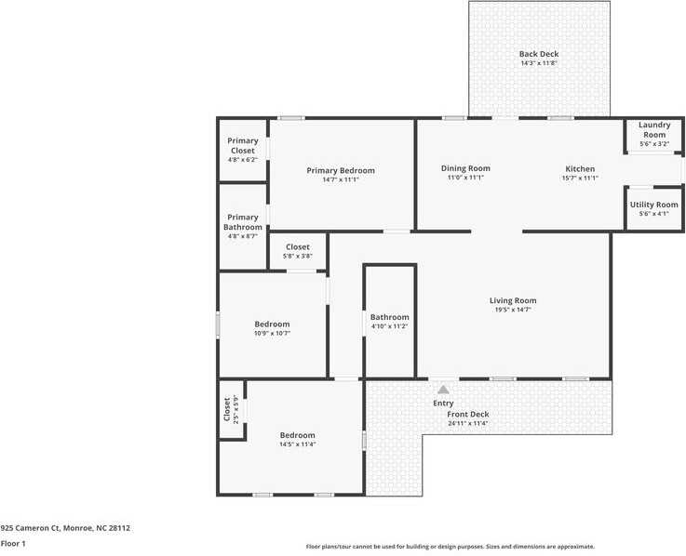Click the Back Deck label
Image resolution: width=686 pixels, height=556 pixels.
pos(539,54)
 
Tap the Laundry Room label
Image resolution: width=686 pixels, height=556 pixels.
pos(654,129)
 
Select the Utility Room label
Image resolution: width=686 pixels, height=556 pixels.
pos(654,205)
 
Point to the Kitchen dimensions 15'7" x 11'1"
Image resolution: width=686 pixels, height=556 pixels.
pos(580,179)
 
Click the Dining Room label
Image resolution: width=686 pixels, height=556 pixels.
pos(465,168)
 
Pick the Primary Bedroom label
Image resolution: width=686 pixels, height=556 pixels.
pos(341,170)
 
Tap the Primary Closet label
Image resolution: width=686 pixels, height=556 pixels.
pos(243,145)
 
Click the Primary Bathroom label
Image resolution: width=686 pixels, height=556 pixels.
pos(243,222)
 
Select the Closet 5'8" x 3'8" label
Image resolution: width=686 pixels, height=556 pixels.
pos(298,247)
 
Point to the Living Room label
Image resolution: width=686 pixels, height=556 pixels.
pos(513,300)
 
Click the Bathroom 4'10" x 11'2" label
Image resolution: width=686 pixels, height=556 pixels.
pos(390,317)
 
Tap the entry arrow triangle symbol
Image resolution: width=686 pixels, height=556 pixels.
pos(444,391)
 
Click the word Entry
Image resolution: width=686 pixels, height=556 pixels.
pos(444,404)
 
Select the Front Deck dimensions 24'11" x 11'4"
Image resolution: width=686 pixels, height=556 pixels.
pos(468,424)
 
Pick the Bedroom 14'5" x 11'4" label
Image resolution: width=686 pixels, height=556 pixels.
pos(298,435)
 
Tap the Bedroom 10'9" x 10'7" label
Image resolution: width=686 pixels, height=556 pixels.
pos(273,324)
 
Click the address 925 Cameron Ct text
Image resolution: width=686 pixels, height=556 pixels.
pos(65,528)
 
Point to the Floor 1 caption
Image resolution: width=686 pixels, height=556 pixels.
pos(13,543)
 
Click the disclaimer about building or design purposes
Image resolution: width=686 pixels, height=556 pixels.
pos(451,547)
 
